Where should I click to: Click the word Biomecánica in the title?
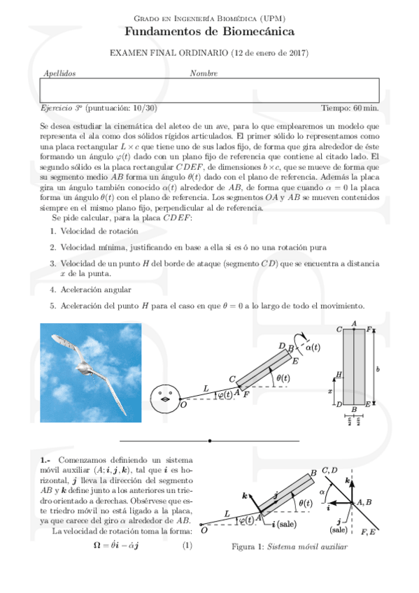(x=259, y=31)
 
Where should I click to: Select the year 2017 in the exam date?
(x=297, y=53)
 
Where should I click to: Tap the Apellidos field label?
(x=59, y=73)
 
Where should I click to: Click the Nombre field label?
(x=204, y=73)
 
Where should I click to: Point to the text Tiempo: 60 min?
(x=350, y=108)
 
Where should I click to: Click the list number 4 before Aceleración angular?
(x=53, y=290)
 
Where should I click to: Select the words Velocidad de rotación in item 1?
(x=99, y=231)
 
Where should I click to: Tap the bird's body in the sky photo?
(x=83, y=366)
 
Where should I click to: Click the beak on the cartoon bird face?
(x=165, y=399)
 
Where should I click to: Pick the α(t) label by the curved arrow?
(x=313, y=347)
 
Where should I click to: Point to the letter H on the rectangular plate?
(x=339, y=374)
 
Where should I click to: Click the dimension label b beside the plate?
(x=378, y=369)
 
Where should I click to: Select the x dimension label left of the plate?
(x=329, y=391)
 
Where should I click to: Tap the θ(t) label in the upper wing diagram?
(x=283, y=378)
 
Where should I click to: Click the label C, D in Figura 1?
(x=329, y=471)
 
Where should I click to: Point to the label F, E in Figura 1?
(x=368, y=532)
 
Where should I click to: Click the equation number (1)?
(x=187, y=545)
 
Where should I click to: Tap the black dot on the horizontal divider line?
(x=210, y=441)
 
